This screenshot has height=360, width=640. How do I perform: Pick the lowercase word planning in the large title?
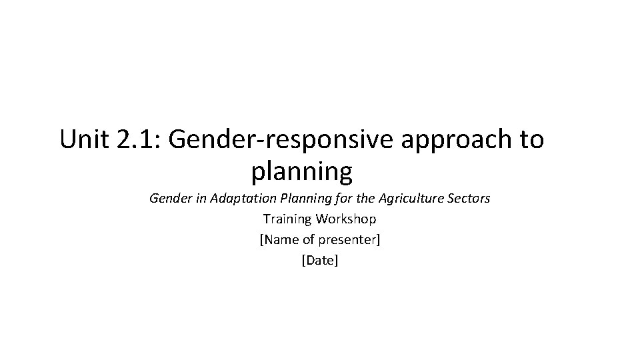pyautogui.click(x=301, y=173)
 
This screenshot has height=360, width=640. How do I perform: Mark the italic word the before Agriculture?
pyautogui.click(x=366, y=198)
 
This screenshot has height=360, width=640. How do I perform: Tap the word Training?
pyautogui.click(x=287, y=219)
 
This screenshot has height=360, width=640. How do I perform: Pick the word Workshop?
pyautogui.click(x=346, y=219)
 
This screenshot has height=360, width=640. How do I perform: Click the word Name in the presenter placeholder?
pyautogui.click(x=279, y=239)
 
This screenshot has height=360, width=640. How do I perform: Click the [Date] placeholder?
pyautogui.click(x=320, y=261)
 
